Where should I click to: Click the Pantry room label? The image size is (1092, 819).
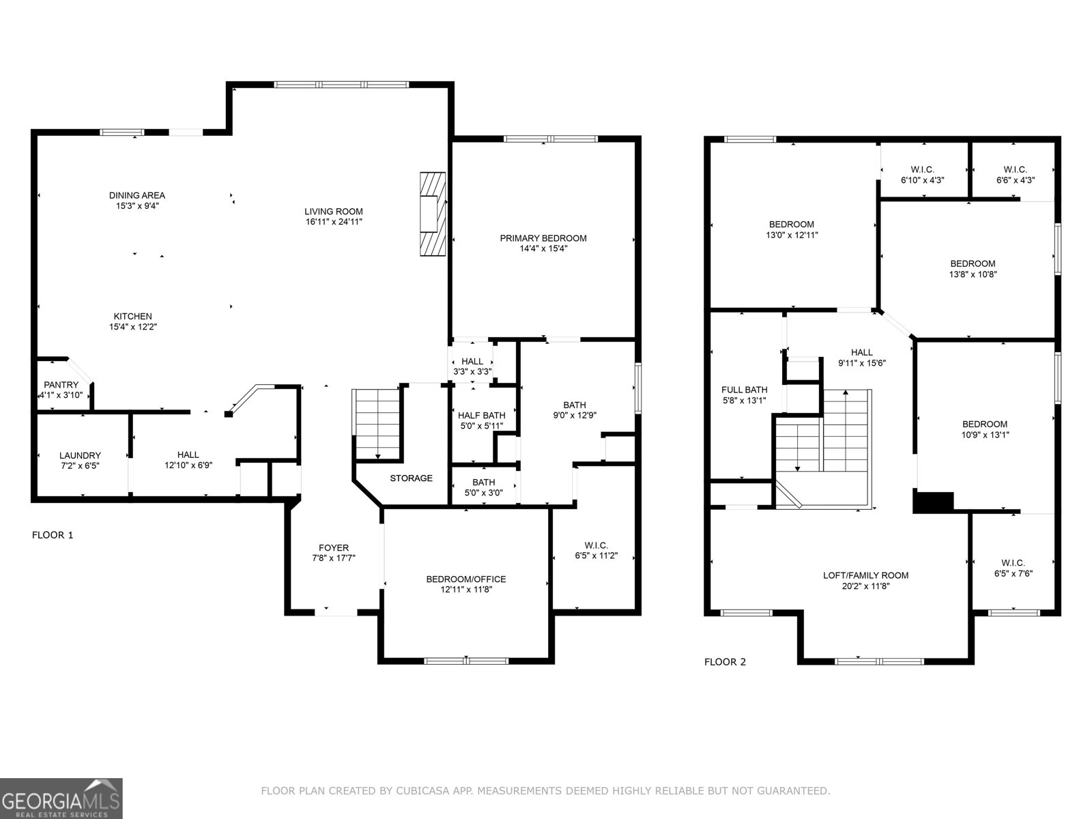click(61, 385)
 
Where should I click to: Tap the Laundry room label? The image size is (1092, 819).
click(80, 455)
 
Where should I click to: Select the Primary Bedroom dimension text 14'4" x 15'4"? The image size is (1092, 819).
click(543, 249)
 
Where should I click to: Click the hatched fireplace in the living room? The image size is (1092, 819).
click(433, 214)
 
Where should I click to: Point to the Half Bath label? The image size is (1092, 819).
click(482, 415)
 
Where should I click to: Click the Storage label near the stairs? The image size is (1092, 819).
click(411, 478)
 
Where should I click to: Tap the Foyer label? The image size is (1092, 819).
click(334, 547)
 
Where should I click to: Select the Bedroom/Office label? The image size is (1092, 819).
click(466, 579)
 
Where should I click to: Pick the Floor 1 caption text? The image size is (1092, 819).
click(53, 535)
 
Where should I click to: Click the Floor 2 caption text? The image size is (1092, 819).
click(725, 662)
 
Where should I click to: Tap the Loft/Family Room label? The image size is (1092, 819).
click(865, 575)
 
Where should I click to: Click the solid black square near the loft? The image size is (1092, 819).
click(932, 502)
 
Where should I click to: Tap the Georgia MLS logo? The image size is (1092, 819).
click(61, 798)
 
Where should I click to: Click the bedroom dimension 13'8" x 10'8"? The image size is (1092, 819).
click(973, 274)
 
